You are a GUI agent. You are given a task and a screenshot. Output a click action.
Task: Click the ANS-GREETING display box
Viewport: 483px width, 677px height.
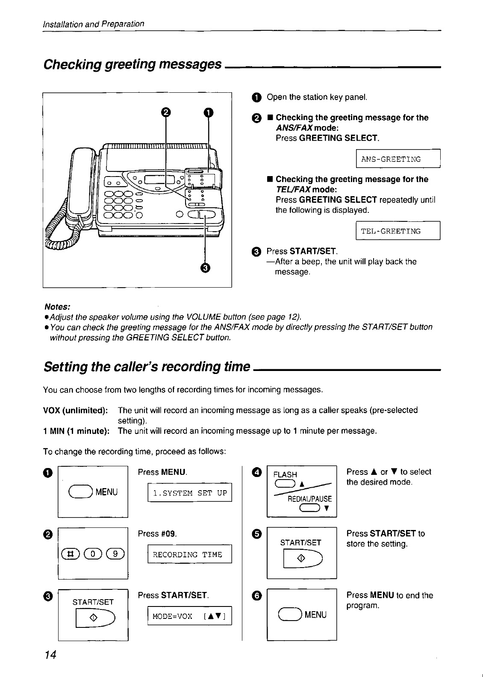coord(398,159)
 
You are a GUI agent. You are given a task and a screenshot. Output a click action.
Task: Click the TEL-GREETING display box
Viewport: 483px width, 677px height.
coord(398,231)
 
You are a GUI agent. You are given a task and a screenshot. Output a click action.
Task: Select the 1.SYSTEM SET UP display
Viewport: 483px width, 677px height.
coord(189,493)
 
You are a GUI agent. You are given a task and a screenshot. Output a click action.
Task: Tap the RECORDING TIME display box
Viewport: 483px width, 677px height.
coord(189,554)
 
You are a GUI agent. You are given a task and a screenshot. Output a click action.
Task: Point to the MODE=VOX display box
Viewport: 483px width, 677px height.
coord(189,616)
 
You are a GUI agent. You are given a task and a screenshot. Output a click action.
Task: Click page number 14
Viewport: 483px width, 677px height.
coord(50,655)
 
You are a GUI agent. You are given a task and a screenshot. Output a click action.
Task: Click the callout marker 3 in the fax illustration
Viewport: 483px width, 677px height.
coord(205,268)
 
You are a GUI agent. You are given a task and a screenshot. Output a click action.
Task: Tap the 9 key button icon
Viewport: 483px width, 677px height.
coord(117,554)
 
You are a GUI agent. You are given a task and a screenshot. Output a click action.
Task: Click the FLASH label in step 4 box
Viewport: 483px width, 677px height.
coord(285,474)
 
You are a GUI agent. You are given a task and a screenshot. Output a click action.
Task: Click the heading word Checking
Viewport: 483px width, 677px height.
coord(72,65)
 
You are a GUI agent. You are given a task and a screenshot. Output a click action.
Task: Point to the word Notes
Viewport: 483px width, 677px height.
coord(57,307)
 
